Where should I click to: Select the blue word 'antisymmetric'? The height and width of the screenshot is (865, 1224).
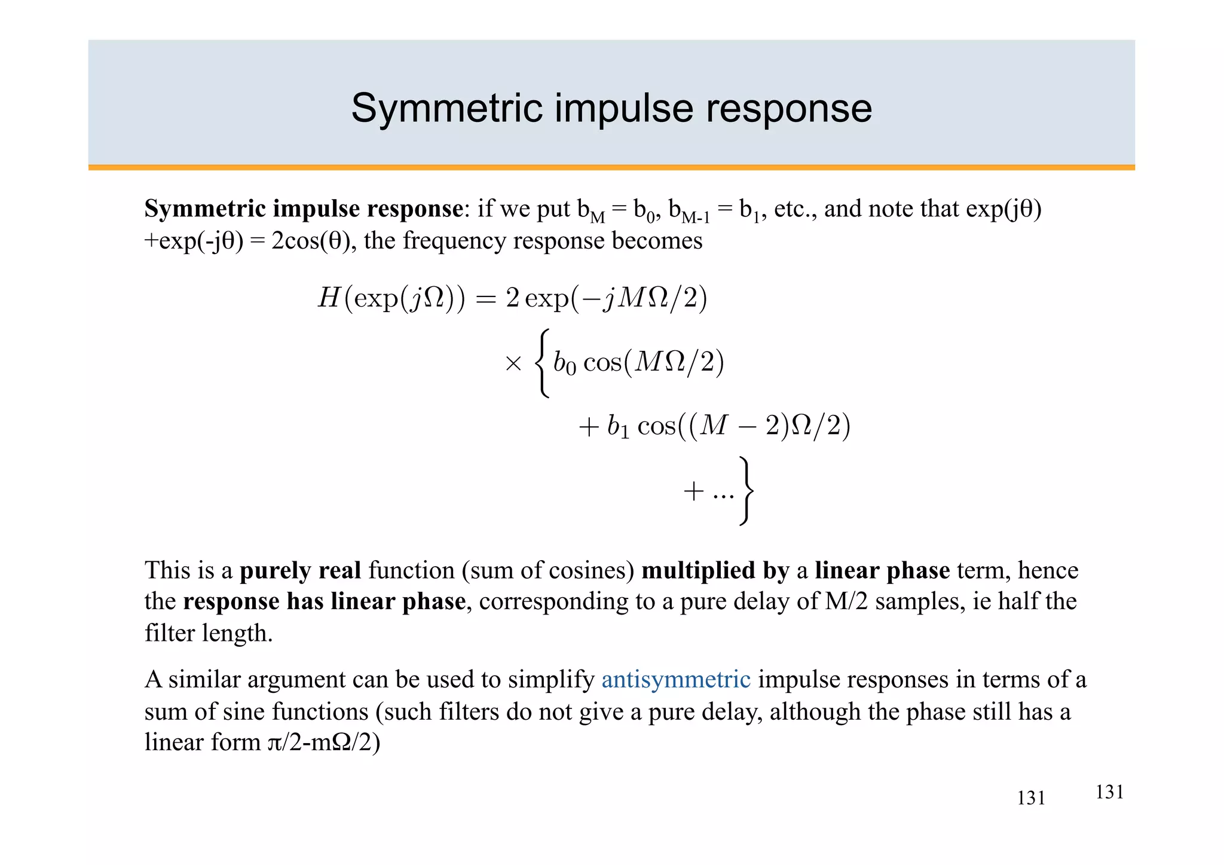[x=676, y=680]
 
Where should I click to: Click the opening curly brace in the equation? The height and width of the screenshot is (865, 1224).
[x=542, y=363]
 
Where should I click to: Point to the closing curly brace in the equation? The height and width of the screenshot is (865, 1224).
[x=746, y=491]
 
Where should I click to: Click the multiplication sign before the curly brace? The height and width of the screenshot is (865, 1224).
[x=513, y=363]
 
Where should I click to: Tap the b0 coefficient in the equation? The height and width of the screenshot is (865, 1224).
[x=565, y=363]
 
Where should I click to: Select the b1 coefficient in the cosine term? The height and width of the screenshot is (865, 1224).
[x=619, y=427]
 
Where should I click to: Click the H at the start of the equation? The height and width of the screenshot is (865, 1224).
[x=329, y=298]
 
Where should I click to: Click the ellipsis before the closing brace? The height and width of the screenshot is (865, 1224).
[x=723, y=494]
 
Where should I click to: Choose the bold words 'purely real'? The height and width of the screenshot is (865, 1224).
[x=301, y=570]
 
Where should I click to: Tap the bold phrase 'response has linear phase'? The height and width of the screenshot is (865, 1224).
[x=324, y=601]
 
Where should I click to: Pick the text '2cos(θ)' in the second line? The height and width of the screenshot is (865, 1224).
[x=311, y=241]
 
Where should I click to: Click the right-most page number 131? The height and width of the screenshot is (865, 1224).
[x=1109, y=792]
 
